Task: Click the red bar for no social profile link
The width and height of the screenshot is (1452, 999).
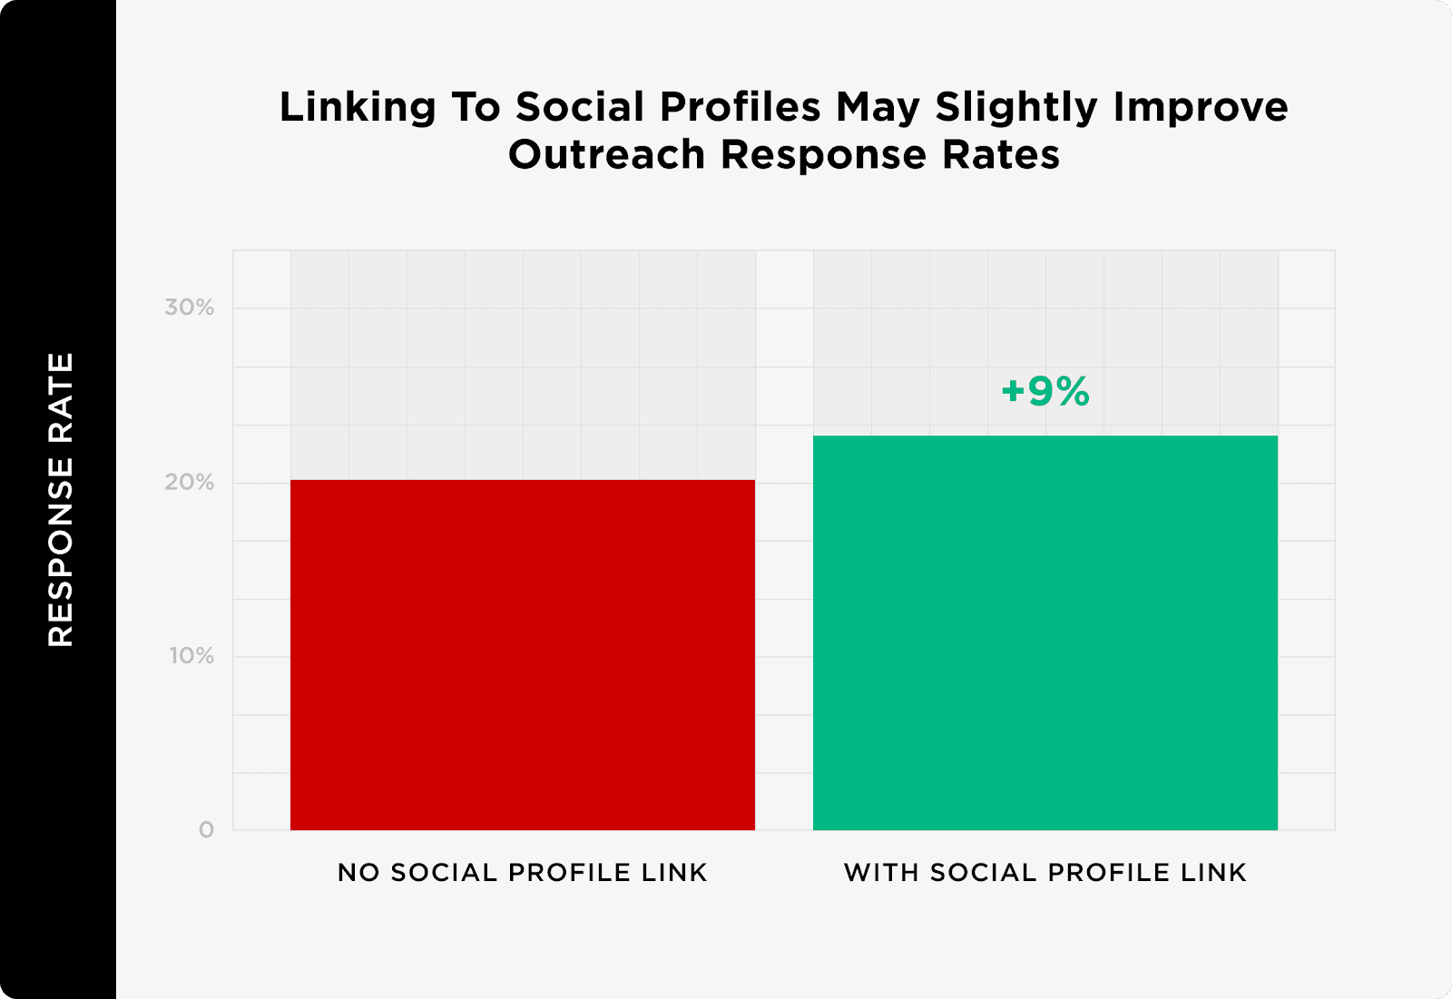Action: point(523,654)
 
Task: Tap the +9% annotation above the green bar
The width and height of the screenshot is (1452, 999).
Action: point(1045,392)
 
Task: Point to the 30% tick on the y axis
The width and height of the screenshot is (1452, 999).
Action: point(190,308)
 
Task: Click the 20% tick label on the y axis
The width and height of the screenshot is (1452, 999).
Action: point(190,483)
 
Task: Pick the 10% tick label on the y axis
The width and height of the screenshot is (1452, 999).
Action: point(191,656)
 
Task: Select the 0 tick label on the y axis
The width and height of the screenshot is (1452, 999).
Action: point(207,829)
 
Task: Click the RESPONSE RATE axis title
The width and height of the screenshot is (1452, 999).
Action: point(60,500)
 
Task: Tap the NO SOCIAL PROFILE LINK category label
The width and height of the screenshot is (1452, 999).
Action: point(522,872)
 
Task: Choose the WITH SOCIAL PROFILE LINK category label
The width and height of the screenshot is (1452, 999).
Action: point(1045,872)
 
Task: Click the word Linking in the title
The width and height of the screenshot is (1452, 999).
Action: point(358,108)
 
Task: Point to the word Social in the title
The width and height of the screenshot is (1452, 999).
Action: point(580,107)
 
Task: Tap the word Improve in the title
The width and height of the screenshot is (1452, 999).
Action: point(1201,108)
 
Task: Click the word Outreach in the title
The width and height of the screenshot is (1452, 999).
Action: point(606,155)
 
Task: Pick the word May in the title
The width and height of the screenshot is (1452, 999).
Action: point(878,108)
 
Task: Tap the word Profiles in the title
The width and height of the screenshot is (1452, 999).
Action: point(740,107)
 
